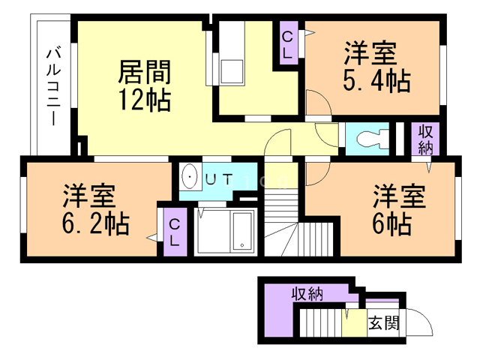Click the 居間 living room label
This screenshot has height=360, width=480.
point(144,72)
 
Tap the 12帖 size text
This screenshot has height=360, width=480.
point(144,99)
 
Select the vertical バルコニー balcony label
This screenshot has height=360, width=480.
point(53,87)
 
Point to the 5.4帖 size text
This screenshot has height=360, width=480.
point(376,81)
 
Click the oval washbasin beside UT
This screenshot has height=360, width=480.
point(190,177)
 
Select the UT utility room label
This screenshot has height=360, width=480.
point(219,179)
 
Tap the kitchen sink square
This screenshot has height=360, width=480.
point(232,71)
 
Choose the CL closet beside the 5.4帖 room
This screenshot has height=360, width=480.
point(288,43)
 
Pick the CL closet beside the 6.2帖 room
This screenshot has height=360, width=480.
point(175,232)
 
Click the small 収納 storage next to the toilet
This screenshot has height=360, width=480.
point(425,139)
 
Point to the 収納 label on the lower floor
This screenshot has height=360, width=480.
point(307,294)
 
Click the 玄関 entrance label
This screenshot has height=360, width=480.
point(384,322)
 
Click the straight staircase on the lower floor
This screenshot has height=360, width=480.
point(320,322)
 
